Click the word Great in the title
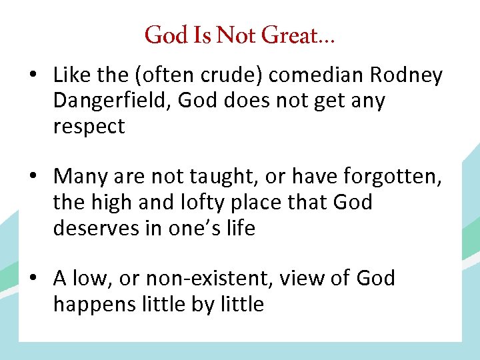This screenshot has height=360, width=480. (x=289, y=35)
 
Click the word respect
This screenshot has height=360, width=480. (x=89, y=127)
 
